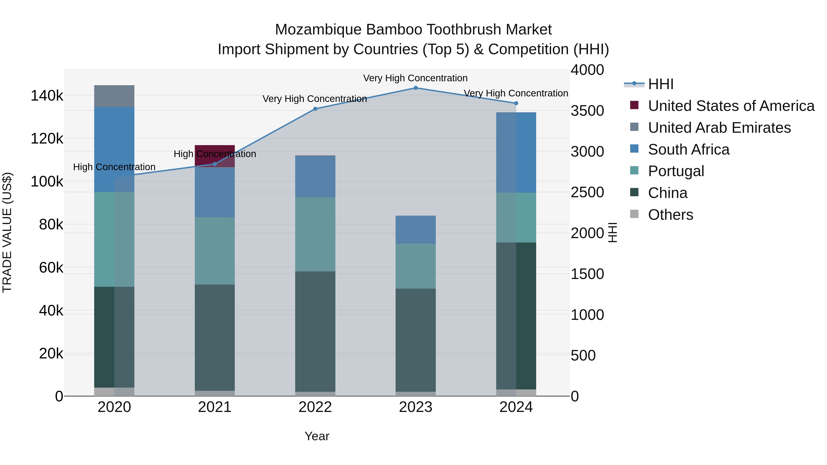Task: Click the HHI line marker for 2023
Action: click(415, 88)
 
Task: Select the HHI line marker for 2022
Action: click(315, 109)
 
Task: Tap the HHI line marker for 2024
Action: click(516, 103)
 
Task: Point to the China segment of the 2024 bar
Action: click(516, 316)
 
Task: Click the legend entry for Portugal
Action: click(676, 171)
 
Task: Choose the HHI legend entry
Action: click(660, 84)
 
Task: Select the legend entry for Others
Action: click(670, 215)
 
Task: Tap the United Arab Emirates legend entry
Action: click(719, 128)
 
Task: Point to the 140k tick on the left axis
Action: click(47, 96)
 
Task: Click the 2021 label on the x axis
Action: click(215, 407)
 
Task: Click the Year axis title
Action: click(317, 436)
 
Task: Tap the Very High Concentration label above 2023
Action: click(415, 78)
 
